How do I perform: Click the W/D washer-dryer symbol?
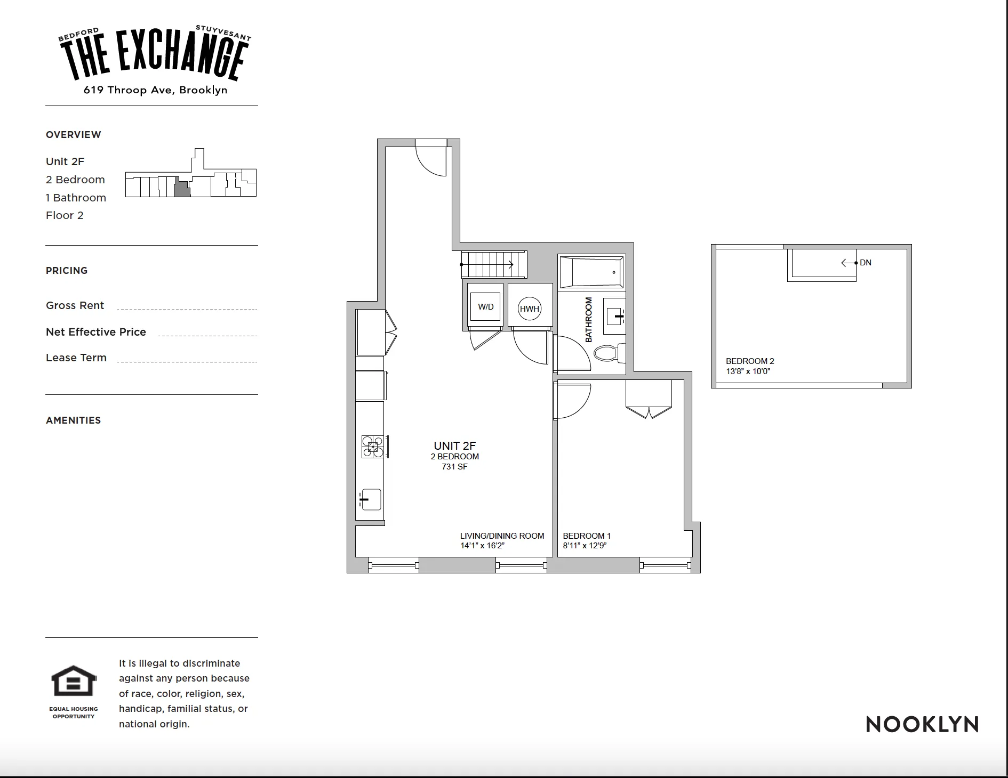485,307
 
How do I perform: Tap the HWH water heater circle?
530,309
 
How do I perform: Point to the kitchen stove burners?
373,447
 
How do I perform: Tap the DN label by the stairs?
866,263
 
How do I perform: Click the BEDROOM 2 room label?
750,361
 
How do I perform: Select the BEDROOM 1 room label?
587,536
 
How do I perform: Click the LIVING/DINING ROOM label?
502,536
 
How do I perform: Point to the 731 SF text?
454,467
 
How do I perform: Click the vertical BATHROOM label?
589,320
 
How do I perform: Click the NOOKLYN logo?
922,725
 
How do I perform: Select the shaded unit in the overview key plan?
182,189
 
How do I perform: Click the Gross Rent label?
75,305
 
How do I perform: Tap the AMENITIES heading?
74,420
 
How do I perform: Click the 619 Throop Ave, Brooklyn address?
155,90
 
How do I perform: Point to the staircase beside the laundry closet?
493,264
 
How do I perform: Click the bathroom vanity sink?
614,316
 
